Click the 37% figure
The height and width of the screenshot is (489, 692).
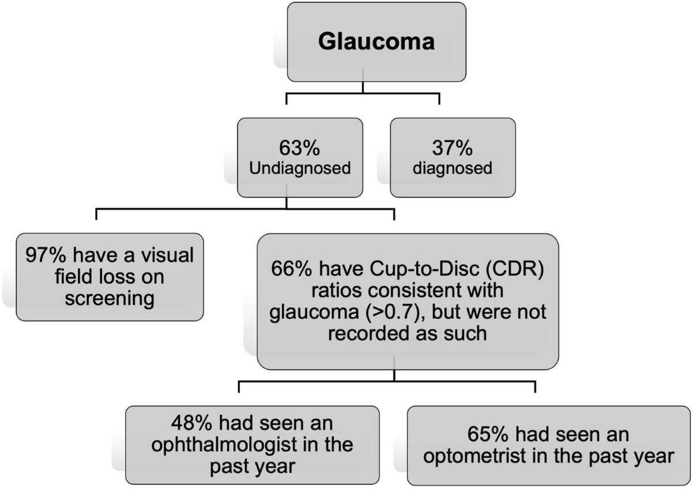pyautogui.click(x=453, y=148)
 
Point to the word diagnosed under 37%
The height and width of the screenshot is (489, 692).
pyautogui.click(x=453, y=169)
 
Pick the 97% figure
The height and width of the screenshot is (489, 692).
pyautogui.click(x=47, y=256)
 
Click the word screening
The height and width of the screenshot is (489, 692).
pyautogui.click(x=110, y=299)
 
